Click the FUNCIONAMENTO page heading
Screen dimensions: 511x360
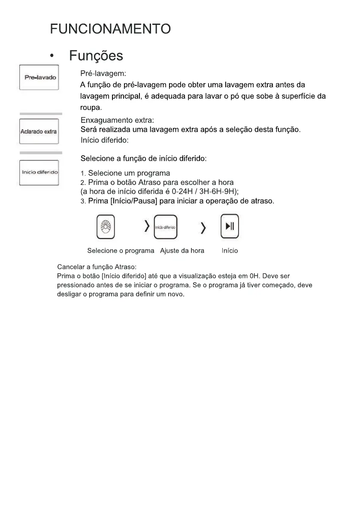tap(110, 29)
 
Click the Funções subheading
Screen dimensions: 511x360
tap(96, 56)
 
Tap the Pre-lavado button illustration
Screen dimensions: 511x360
tap(40, 78)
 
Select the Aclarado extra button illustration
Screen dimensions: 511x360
tap(39, 131)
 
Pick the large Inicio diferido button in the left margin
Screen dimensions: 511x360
tap(40, 172)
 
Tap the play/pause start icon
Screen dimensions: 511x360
tap(230, 227)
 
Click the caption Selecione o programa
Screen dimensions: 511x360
tap(121, 251)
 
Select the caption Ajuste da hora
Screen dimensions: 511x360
tap(182, 251)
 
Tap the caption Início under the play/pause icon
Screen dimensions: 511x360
tap(230, 251)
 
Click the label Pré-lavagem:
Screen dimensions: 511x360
tap(103, 74)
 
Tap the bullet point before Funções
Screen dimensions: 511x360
tap(52, 56)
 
